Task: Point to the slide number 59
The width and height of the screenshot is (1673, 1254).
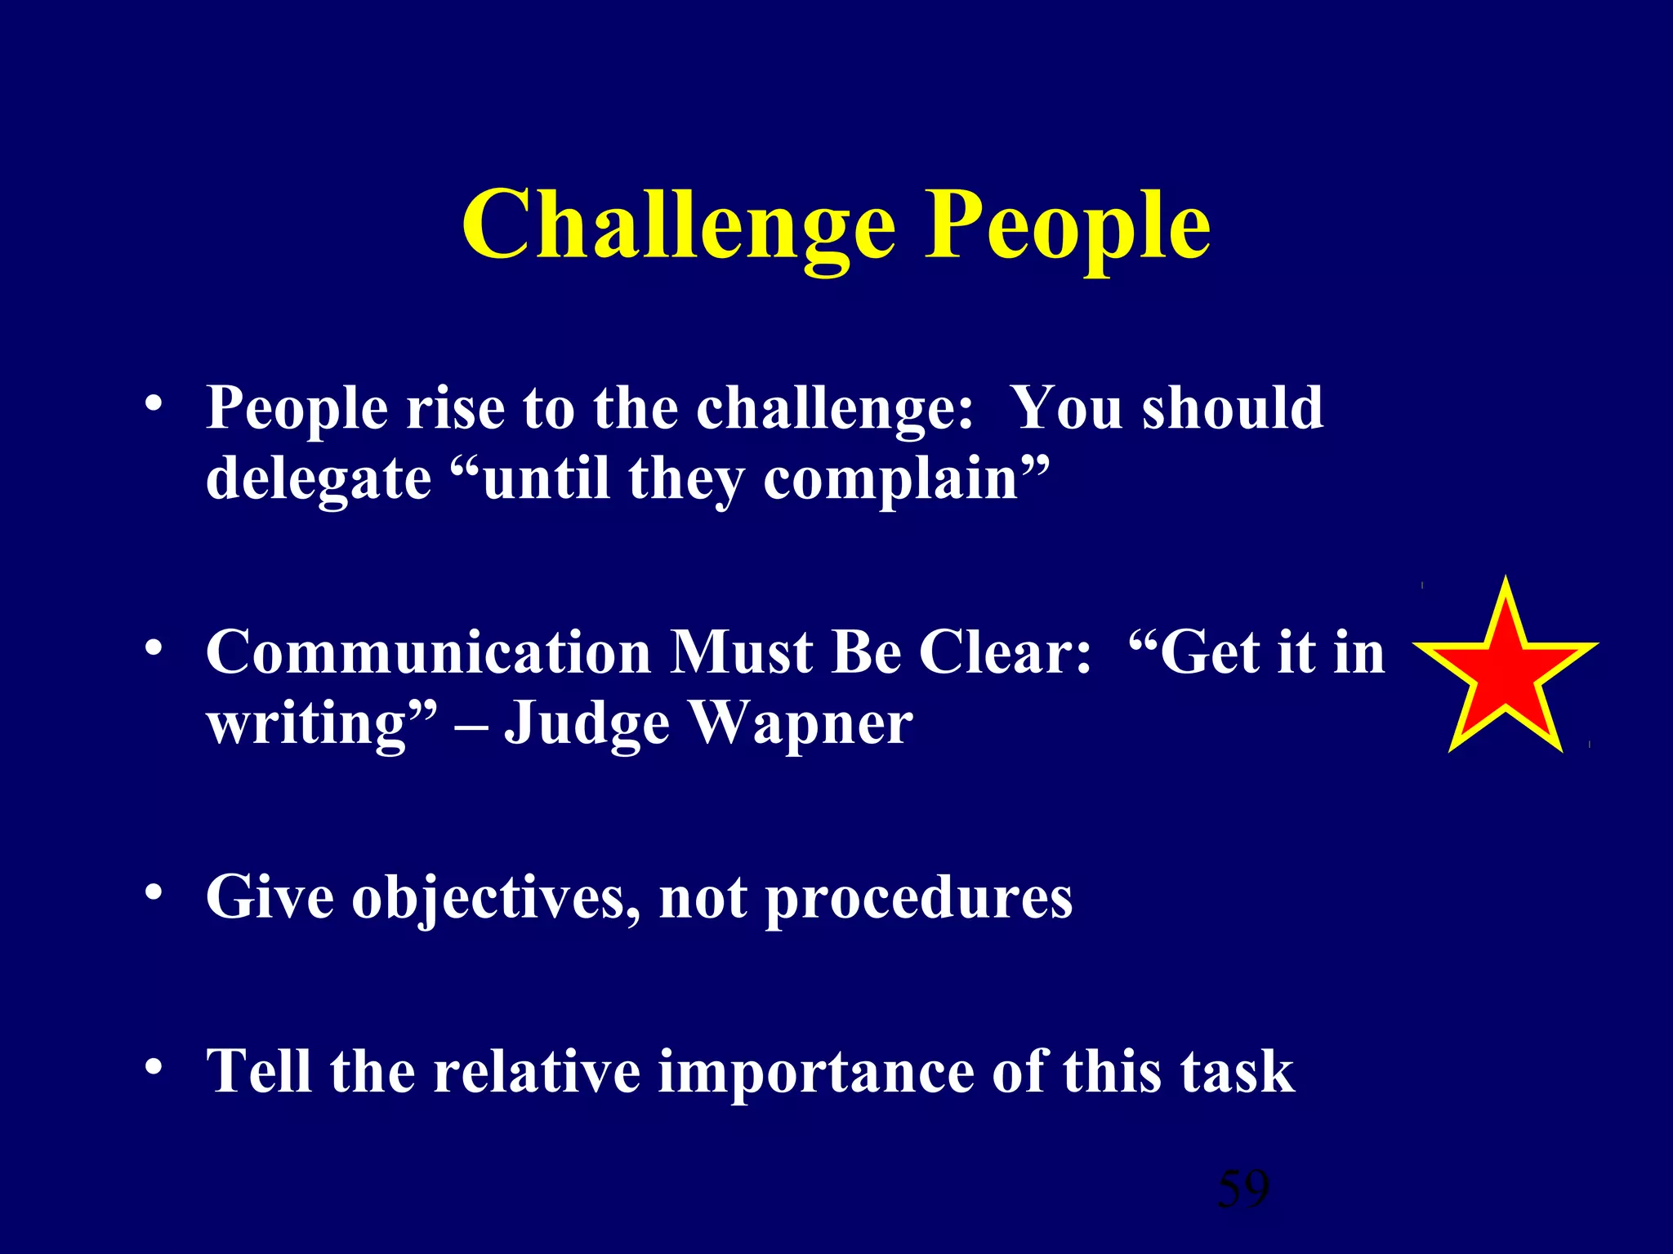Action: tap(1242, 1188)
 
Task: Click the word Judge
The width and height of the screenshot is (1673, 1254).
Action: tap(587, 723)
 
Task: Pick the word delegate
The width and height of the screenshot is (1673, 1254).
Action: tap(318, 479)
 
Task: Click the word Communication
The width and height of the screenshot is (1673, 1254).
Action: tap(428, 652)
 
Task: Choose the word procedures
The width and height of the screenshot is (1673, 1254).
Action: tap(918, 897)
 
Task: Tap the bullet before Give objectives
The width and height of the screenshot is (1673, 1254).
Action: tap(153, 893)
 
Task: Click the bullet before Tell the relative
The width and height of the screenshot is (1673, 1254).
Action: tap(153, 1066)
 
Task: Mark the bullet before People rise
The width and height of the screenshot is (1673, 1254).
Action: tap(153, 403)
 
